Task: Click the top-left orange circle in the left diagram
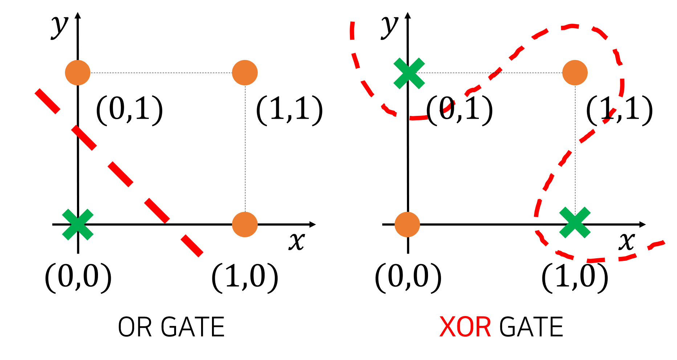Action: point(78,73)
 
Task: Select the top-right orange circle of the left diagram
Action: point(245,73)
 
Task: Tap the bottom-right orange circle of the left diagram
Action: point(245,225)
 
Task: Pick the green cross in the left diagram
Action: point(78,225)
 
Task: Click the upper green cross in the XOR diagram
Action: point(409,73)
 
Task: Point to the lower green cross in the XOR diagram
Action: point(575,223)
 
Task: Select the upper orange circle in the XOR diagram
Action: point(575,73)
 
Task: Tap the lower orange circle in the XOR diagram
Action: point(407,225)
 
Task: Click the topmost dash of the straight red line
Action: point(48,101)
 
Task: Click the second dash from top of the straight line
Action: point(84,138)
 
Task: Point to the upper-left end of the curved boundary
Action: point(352,24)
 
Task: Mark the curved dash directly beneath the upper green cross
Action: point(416,118)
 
